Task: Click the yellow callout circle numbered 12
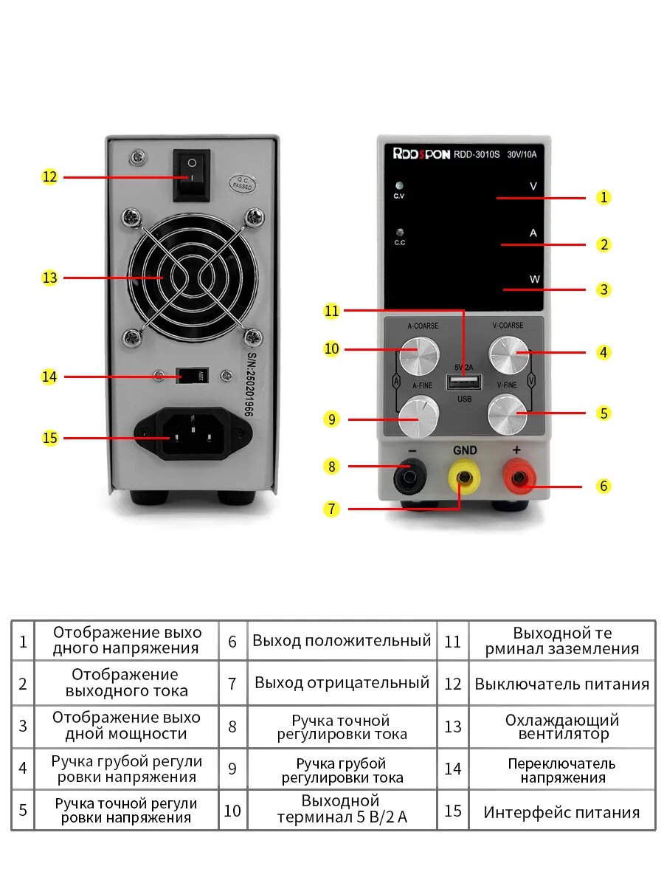click(x=49, y=177)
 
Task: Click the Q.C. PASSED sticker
click(x=241, y=183)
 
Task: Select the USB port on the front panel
click(x=463, y=382)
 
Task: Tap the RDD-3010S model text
click(x=477, y=155)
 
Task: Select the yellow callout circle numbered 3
click(x=604, y=289)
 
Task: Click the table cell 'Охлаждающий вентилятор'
click(x=562, y=727)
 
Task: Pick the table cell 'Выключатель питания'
click(x=562, y=684)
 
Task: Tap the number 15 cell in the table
click(x=453, y=811)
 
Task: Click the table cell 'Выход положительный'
click(x=342, y=641)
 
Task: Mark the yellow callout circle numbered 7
click(x=332, y=509)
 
